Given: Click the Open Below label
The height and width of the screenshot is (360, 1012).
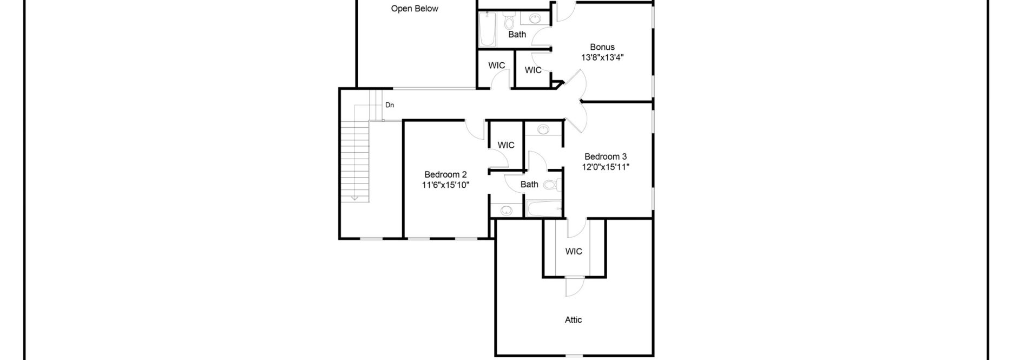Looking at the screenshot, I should pos(415,9).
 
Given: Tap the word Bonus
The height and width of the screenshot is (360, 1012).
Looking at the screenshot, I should pos(602,47).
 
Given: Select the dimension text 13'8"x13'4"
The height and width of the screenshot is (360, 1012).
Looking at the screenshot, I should pos(602,57).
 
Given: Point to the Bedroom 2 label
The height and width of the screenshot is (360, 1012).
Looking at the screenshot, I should pos(445,174).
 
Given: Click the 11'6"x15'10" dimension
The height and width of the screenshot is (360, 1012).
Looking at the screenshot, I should pos(445,185).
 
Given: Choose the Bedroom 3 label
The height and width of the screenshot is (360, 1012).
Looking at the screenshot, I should pos(605,157).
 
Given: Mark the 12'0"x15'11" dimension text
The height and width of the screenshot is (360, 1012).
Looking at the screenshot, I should pos(605,167).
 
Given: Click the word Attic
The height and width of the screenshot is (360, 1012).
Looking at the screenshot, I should pos(573,320).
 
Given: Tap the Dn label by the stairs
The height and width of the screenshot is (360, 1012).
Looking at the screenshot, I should pos(390,105).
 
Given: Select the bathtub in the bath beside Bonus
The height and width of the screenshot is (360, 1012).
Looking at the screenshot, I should pos(488,30).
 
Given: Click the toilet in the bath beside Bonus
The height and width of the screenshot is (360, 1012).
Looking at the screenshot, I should pos(509,22).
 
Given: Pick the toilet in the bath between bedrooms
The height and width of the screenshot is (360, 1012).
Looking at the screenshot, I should pos(550,185).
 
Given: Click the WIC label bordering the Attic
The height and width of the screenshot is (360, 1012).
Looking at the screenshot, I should pos(573,251).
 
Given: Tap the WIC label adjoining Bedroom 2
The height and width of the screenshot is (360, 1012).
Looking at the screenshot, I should pos(506,145).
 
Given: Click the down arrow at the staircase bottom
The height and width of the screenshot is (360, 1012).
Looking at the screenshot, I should pos(355,198).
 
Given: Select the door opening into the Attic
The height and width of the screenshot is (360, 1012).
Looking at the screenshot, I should pos(573,287).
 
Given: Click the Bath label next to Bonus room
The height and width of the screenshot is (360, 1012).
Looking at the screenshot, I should pos(517,35).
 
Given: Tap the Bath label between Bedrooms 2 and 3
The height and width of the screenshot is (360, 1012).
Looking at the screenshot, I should pos(529,185).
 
